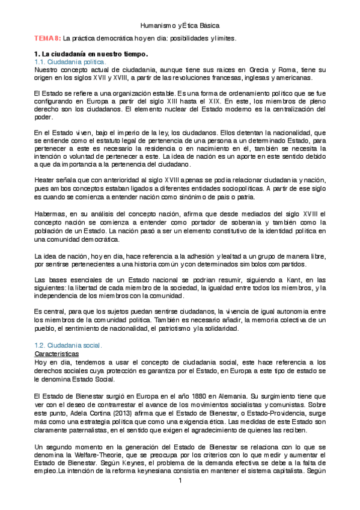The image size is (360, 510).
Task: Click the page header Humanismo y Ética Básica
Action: click(180, 26)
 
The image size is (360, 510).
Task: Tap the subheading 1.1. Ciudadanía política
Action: click(70, 62)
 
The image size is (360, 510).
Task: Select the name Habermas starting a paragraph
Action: click(50, 214)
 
